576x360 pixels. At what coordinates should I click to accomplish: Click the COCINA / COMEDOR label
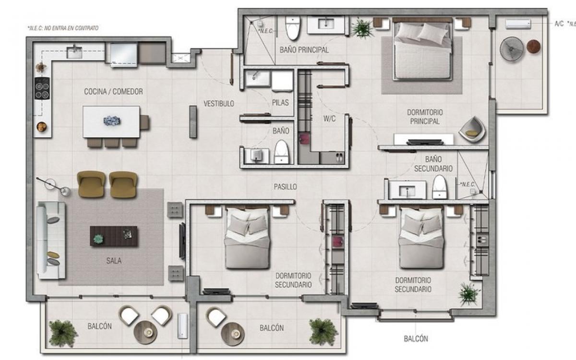113,92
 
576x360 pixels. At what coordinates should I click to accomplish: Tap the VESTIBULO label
219,104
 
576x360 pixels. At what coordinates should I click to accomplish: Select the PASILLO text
285,187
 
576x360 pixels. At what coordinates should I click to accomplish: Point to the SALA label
114,261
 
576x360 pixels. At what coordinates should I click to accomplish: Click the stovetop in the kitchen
42,88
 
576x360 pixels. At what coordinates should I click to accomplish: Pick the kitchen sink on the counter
74,52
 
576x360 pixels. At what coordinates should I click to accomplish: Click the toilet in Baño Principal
293,28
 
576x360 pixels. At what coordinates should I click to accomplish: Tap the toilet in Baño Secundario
440,187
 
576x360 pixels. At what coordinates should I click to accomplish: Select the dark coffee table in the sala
114,236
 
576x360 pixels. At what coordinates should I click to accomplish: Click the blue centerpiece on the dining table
112,120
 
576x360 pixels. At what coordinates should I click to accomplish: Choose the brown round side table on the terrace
534,47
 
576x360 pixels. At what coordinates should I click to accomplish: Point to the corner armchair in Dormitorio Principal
472,130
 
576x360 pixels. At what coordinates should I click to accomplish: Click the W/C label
329,119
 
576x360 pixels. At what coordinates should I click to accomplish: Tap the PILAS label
280,103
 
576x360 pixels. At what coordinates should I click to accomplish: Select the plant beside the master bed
362,28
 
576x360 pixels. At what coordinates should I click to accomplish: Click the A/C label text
559,24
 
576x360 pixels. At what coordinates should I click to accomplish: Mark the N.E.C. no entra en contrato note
63,28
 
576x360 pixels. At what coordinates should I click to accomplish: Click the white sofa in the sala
51,240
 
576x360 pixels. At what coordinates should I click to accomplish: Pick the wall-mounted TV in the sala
182,241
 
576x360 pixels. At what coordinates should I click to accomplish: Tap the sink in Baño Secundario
407,190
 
